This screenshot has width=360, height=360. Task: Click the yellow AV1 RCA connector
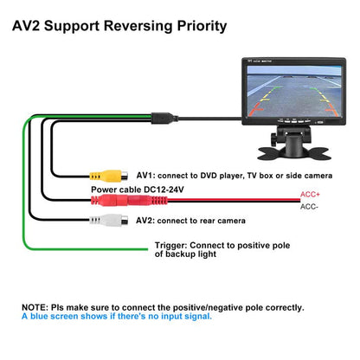[x=108, y=176]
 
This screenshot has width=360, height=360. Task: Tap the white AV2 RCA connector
[x=108, y=221]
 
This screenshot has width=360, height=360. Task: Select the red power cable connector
[x=129, y=200]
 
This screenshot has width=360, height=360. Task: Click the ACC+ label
[x=310, y=195]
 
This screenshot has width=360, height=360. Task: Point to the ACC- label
[x=309, y=207]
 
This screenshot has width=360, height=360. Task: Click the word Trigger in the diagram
[x=170, y=246]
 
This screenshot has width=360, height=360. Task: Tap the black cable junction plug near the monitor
[x=164, y=118]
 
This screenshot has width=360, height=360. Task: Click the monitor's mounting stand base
[x=294, y=152]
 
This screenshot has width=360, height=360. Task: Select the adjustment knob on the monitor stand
[x=273, y=139]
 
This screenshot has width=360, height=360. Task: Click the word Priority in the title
[x=202, y=26]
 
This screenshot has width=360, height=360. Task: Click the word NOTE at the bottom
[x=35, y=307]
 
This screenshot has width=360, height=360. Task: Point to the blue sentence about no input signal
[x=117, y=316]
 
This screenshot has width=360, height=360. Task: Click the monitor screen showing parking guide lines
[x=293, y=91]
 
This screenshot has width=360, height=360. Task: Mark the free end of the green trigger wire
[x=147, y=249]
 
